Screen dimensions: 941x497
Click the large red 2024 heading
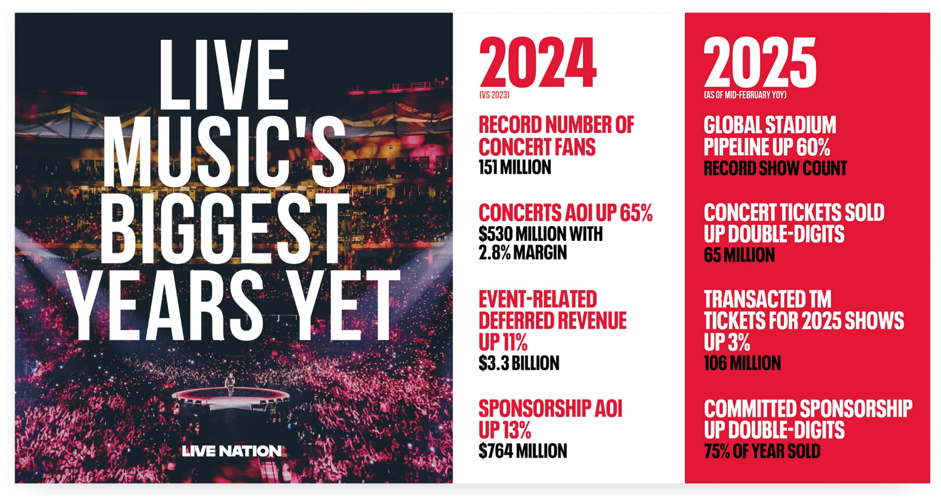click(538, 63)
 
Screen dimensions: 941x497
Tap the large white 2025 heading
click(760, 63)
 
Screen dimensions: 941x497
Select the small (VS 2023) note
click(494, 95)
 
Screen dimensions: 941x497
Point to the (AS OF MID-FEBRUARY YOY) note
click(745, 95)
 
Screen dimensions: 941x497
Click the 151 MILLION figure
click(515, 168)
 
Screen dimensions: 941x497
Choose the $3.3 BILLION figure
click(519, 363)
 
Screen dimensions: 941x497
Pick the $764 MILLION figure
click(523, 451)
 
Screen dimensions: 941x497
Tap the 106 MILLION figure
click(742, 363)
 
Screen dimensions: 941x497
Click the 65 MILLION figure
click(739, 255)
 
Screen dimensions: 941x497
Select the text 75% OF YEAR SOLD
click(762, 451)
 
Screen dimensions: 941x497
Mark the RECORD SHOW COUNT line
click(775, 168)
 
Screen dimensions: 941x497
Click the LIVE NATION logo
click(231, 451)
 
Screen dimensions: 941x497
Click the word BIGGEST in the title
click(224, 231)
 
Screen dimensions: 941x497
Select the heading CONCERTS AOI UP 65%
click(565, 213)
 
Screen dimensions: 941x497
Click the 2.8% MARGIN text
click(523, 253)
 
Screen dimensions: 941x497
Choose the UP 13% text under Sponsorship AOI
click(505, 430)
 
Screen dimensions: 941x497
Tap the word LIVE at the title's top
click(223, 73)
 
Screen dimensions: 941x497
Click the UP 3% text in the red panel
click(727, 342)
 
